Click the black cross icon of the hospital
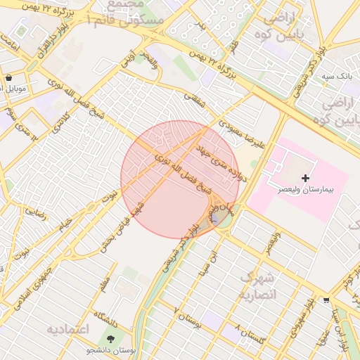pyautogui.click(x=304, y=179)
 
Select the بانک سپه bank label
pyautogui.click(x=316, y=75)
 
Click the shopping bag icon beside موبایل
pyautogui.click(x=8, y=78)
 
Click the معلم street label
pyautogui.click(x=105, y=284)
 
